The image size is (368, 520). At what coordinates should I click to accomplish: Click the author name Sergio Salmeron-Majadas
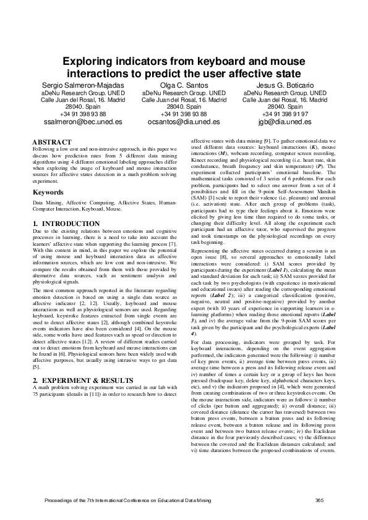[x=82, y=84]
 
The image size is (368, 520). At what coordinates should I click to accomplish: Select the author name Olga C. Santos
[x=184, y=84]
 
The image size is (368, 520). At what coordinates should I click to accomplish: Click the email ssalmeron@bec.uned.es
[x=82, y=122]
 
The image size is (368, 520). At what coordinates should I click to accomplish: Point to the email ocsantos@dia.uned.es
[x=184, y=122]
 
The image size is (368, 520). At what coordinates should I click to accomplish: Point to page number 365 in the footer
[x=320, y=500]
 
